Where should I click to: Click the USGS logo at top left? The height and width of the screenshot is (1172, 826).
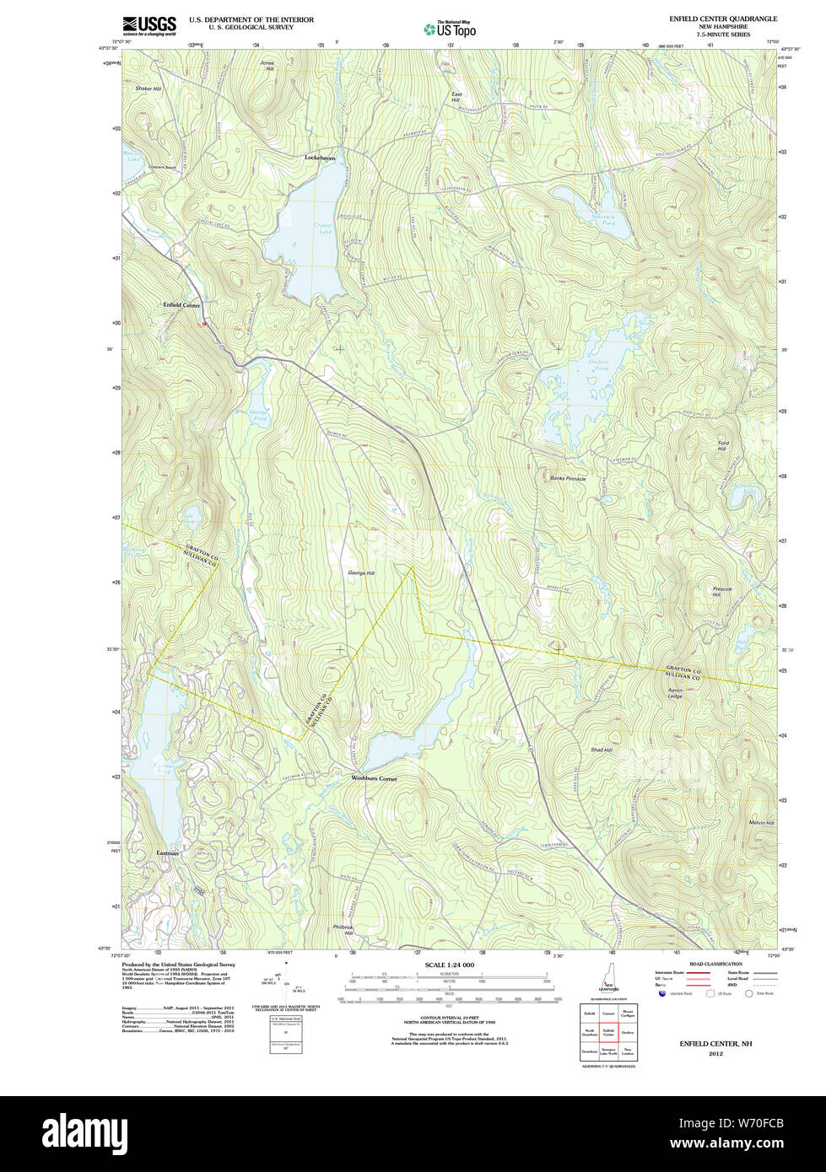pos(148,25)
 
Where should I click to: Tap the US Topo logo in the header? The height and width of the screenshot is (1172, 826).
pos(451,30)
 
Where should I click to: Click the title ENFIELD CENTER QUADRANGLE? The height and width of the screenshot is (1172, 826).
pos(722,19)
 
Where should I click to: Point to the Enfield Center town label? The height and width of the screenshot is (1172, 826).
pos(181,305)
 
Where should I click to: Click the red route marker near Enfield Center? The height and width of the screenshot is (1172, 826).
pos(203,323)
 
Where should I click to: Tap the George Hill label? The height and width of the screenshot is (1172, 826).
pos(360,573)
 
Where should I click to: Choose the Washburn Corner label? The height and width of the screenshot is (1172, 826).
pos(374,778)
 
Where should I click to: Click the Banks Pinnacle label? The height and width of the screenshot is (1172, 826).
pos(568,478)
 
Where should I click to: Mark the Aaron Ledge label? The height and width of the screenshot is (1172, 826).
pos(675,692)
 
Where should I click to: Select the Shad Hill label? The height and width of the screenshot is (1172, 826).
pos(601,750)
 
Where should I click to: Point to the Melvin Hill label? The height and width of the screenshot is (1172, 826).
pos(737,823)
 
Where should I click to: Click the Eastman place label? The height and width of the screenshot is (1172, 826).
pos(168,853)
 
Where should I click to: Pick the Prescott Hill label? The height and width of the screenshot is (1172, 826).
pos(722,592)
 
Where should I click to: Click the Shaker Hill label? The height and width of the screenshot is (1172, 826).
pos(148,89)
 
